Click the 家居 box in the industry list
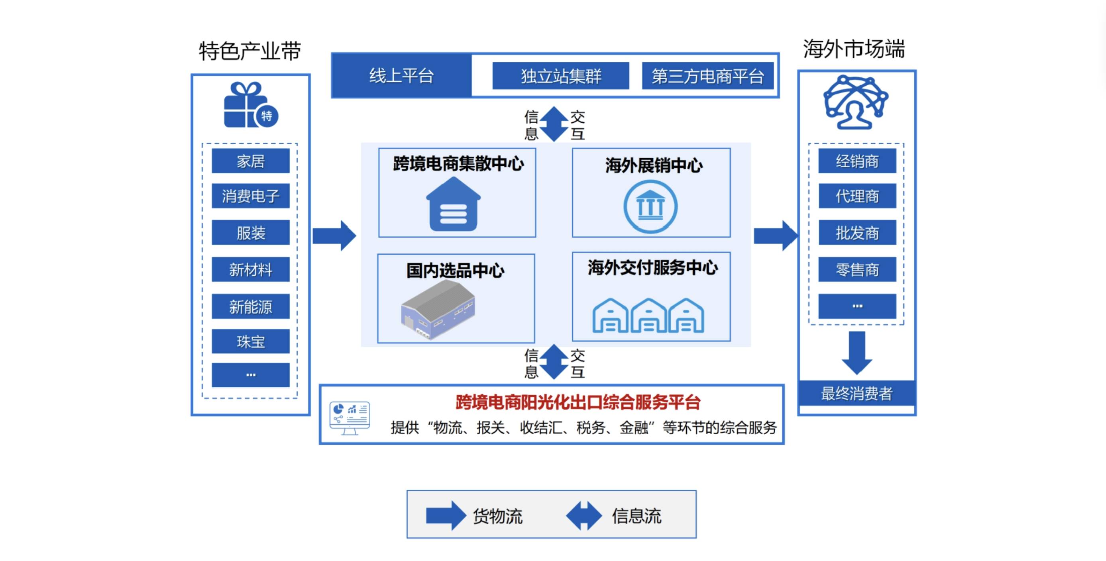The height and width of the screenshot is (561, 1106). [x=250, y=161]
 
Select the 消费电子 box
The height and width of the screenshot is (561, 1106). [x=250, y=196]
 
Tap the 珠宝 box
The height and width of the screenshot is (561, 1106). [x=250, y=342]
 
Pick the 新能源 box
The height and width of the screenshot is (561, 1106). [x=250, y=306]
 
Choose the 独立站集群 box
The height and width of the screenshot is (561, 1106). [x=560, y=76]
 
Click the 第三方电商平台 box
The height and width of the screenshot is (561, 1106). [x=707, y=76]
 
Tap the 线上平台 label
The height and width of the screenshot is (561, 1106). [x=401, y=76]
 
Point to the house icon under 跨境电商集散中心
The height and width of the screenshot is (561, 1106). [x=454, y=205]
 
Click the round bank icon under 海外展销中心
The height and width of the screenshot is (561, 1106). [x=650, y=206]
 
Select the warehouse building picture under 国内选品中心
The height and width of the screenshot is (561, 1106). [x=438, y=310]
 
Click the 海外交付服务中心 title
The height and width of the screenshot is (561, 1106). [x=652, y=268]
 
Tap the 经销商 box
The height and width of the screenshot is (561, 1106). [x=857, y=161]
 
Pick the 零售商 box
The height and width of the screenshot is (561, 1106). [x=857, y=270]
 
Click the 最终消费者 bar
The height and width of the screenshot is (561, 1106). [x=857, y=393]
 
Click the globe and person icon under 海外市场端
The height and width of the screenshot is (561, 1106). [x=856, y=102]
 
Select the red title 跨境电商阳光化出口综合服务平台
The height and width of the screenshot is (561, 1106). [x=578, y=402]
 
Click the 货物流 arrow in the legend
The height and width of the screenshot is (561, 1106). [x=445, y=516]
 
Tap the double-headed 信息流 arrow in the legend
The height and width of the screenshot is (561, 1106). [x=583, y=516]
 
